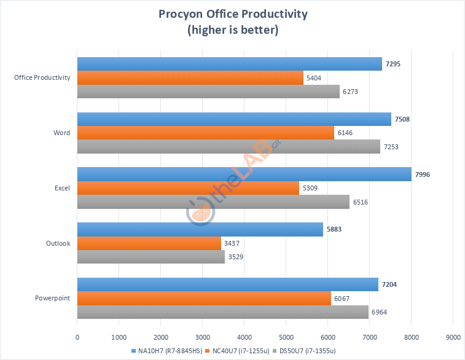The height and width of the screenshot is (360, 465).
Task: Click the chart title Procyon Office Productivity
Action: pyautogui.click(x=233, y=14)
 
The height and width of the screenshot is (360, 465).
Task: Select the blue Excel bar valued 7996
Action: pyautogui.click(x=244, y=174)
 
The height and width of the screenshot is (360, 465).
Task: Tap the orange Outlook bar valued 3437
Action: pyautogui.click(x=149, y=243)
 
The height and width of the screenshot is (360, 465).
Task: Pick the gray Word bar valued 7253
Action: pyautogui.click(x=229, y=146)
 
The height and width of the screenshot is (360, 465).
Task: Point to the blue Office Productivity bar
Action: pyautogui.click(x=229, y=64)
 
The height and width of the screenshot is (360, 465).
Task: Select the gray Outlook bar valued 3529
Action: pyautogui.click(x=150, y=257)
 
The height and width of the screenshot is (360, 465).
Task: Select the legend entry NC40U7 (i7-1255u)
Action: pyautogui.click(x=236, y=350)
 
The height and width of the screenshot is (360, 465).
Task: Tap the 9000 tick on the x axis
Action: pyautogui.click(x=453, y=337)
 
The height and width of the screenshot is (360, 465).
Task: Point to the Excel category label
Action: pyautogui.click(x=61, y=188)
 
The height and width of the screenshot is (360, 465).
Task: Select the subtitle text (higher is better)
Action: pyautogui.click(x=233, y=30)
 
